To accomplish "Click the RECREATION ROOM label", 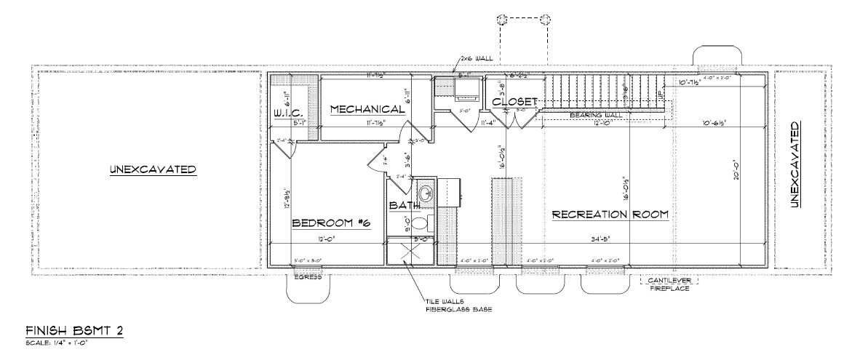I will point(610,215).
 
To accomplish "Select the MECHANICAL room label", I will point(367,109).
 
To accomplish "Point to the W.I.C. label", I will point(287,113).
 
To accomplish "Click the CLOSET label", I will point(514,102).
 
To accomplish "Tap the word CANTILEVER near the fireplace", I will point(669,280).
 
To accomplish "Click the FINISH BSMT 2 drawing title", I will point(73,331).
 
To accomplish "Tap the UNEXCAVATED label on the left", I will point(153,170).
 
